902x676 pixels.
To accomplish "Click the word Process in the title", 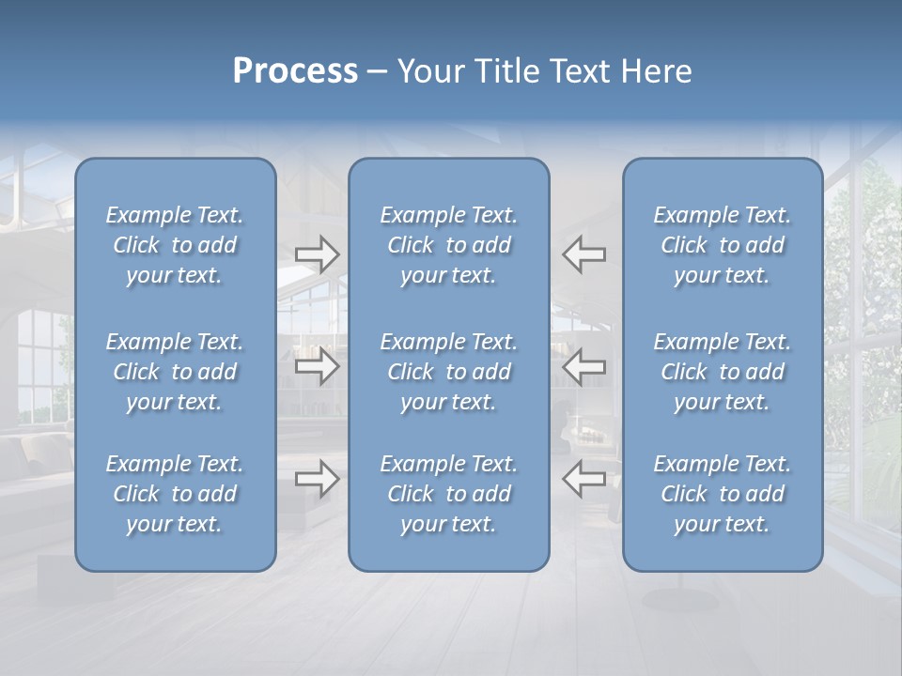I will tap(295, 71).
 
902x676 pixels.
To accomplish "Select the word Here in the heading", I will tap(656, 71).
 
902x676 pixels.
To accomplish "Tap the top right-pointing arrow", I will tap(318, 253).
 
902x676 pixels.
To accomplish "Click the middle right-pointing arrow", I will tap(318, 366).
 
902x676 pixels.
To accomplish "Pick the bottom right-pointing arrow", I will tap(318, 479).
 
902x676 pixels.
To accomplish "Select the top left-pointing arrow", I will tap(584, 253).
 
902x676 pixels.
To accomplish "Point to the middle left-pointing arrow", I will tap(584, 366).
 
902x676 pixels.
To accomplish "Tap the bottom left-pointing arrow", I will tap(584, 479).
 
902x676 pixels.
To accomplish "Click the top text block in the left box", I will tap(175, 245).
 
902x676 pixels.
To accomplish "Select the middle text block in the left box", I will tap(175, 372).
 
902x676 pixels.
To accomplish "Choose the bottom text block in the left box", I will tap(175, 494).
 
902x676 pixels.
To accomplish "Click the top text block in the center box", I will tap(449, 245).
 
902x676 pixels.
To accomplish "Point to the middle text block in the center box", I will tap(449, 372).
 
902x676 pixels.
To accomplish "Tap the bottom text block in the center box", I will tap(449, 494).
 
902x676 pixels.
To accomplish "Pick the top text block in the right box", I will tap(723, 245).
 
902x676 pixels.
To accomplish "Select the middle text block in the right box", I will tap(723, 372).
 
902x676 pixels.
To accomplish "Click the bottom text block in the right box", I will tap(723, 494).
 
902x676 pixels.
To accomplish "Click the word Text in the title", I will tap(583, 71).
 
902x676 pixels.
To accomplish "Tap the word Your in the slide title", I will tap(430, 71).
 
